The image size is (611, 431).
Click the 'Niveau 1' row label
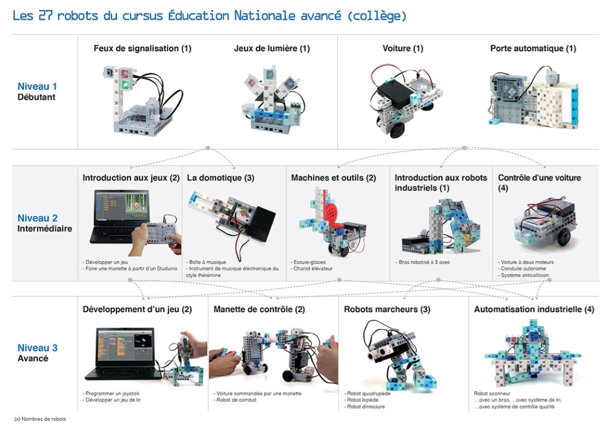[37, 86]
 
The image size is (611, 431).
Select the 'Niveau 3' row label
[37, 348]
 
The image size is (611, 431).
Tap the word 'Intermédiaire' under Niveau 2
[45, 229]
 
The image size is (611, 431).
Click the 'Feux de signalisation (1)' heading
[142, 48]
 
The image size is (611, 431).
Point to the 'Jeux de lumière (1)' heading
[272, 48]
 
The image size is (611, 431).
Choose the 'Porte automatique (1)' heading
[533, 48]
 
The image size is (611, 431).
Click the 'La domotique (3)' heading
[220, 178]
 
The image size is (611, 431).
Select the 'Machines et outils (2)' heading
[333, 178]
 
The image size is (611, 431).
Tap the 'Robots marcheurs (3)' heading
[387, 309]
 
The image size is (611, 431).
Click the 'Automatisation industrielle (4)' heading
[534, 309]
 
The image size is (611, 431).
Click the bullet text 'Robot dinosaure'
[366, 406]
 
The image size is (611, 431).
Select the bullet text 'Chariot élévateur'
[313, 269]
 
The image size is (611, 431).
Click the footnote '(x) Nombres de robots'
[40, 419]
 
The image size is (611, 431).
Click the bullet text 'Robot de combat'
[236, 400]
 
